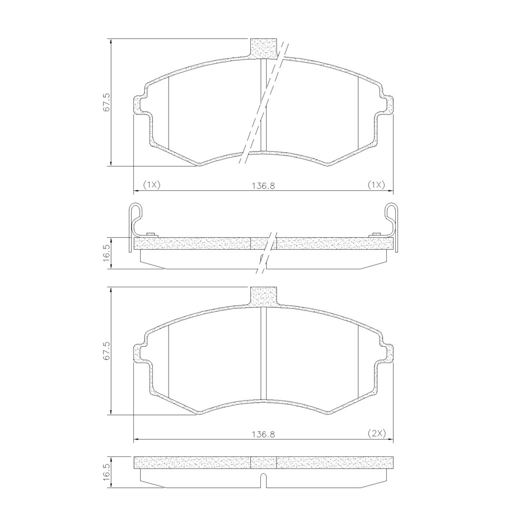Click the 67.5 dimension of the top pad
106,102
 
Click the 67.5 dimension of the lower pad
106,352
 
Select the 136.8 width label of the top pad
263,186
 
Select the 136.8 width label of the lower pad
263,434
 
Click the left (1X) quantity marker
152,184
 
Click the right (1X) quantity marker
375,184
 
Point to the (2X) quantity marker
375,433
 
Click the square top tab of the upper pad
264,48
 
